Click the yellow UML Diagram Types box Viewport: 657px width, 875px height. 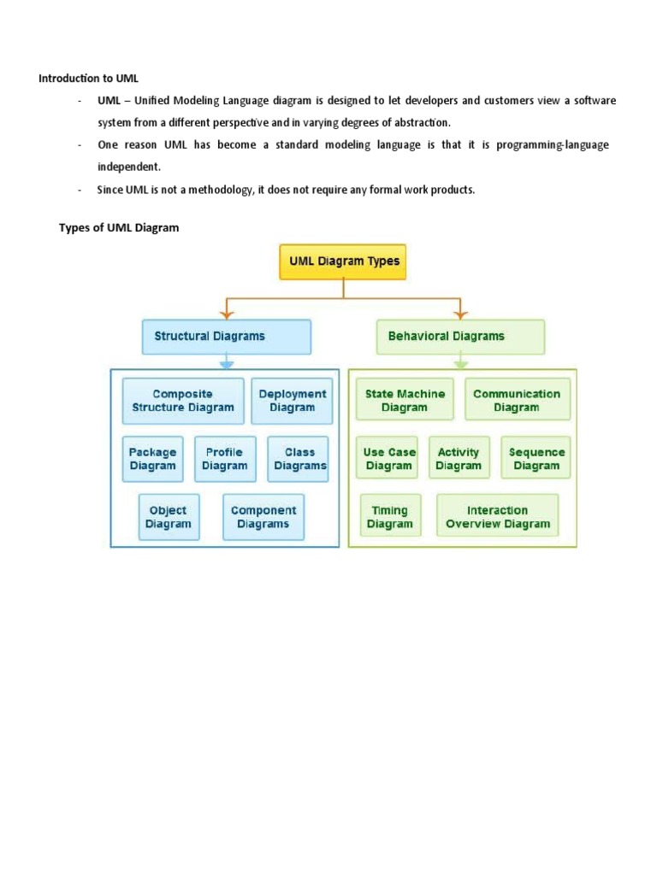coord(343,261)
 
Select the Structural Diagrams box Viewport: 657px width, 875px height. coord(226,337)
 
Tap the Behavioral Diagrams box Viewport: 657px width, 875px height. coord(460,337)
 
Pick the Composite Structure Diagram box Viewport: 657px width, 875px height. coord(183,401)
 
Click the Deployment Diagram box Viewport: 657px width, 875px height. coord(293,401)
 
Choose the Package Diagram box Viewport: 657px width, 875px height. coord(152,459)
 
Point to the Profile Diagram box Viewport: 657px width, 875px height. coord(224,459)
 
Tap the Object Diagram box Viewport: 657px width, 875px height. coord(169,517)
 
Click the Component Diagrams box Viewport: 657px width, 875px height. coord(263,517)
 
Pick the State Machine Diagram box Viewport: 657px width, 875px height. coord(405,401)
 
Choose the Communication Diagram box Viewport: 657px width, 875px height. coord(517,401)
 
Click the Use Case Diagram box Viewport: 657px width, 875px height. coord(389,459)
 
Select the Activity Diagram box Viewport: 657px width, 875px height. coord(459,459)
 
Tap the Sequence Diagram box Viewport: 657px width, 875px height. coord(536,459)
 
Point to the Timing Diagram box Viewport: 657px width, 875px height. coord(390,517)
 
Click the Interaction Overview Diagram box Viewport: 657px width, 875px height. coord(497,517)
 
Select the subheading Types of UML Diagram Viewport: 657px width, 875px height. coord(119,228)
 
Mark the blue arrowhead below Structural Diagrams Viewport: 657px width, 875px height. coord(226,365)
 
